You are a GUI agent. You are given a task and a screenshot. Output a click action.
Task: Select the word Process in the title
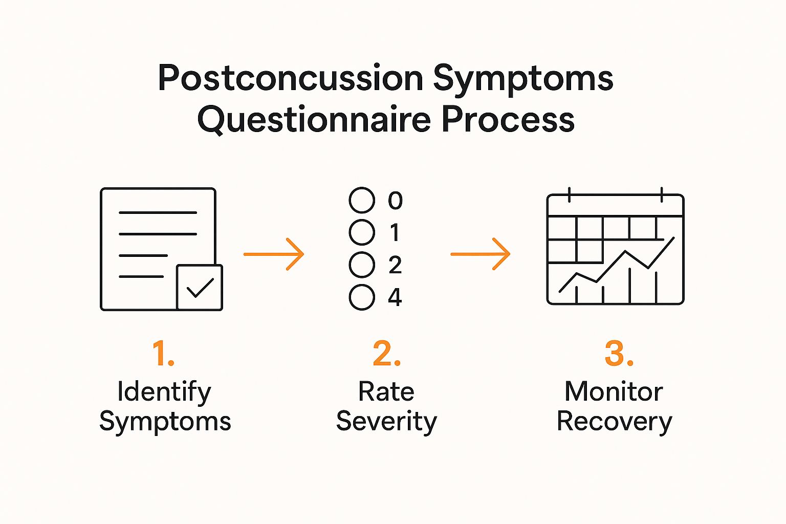(x=508, y=119)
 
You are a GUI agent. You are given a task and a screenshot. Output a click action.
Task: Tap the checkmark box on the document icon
(x=200, y=288)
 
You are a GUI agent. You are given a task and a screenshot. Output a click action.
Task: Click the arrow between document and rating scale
(x=274, y=254)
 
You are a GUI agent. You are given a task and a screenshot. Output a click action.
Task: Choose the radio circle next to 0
(x=362, y=200)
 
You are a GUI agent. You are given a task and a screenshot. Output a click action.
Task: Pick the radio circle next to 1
(x=362, y=232)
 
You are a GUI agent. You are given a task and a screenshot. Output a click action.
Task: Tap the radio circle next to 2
(x=362, y=265)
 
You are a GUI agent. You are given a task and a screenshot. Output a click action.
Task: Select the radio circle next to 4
(x=362, y=297)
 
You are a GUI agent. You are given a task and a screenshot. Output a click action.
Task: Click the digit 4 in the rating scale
(x=395, y=297)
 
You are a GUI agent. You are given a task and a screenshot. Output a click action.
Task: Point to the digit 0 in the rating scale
(x=395, y=200)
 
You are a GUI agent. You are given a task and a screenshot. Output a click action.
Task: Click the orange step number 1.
(x=163, y=354)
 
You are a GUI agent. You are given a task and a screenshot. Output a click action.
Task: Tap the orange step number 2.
(x=386, y=354)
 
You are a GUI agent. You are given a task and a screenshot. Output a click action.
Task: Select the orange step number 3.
(x=619, y=354)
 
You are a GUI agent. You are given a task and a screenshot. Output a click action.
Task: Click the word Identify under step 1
(x=164, y=392)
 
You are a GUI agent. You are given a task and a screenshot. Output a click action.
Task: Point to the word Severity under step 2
(x=386, y=422)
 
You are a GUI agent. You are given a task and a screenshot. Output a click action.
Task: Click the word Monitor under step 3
(x=614, y=392)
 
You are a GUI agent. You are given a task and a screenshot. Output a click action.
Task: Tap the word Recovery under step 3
(x=614, y=422)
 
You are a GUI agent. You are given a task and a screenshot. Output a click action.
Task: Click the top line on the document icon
(x=158, y=212)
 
